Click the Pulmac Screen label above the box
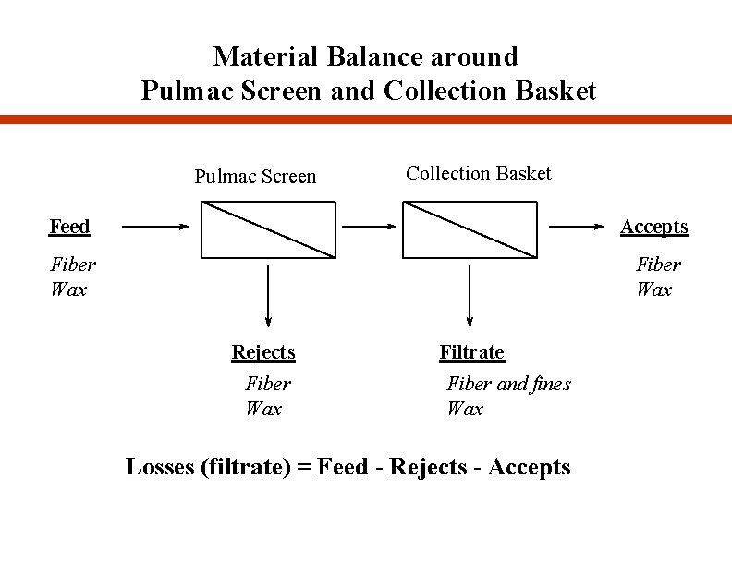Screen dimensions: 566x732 255,177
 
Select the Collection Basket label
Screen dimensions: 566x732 478,174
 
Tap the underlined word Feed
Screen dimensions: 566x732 69,227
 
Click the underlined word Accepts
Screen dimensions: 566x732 653,227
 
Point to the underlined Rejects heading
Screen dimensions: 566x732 263,352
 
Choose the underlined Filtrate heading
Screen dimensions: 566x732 471,352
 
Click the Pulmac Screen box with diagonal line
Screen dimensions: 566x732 267,229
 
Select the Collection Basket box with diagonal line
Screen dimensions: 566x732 470,229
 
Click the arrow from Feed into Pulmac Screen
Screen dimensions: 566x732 156,226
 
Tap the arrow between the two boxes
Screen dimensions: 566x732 369,226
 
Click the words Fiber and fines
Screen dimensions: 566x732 508,384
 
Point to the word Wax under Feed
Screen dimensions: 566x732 69,289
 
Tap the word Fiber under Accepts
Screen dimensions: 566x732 658,265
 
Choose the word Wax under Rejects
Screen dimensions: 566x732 263,409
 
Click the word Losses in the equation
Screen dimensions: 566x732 159,467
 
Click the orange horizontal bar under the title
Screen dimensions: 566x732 366,118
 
